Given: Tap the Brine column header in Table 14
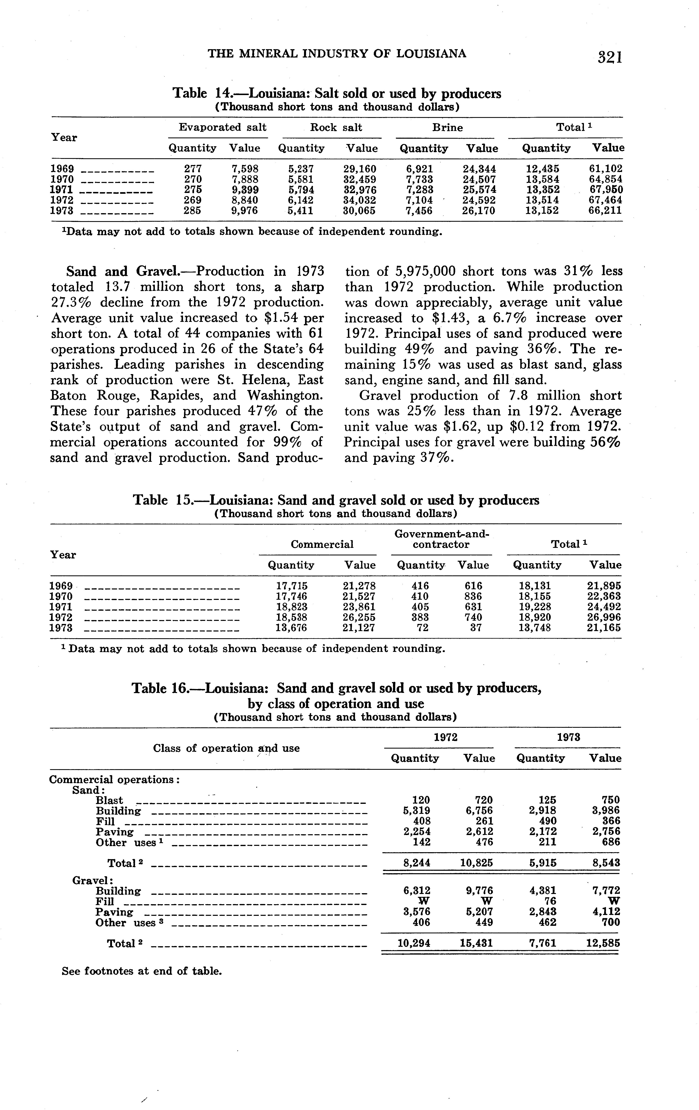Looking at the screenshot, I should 447,128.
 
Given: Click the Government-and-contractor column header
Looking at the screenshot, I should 441,539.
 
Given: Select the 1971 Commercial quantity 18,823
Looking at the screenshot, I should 291,607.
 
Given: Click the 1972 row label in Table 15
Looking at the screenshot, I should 61,617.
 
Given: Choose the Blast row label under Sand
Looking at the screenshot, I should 109,800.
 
